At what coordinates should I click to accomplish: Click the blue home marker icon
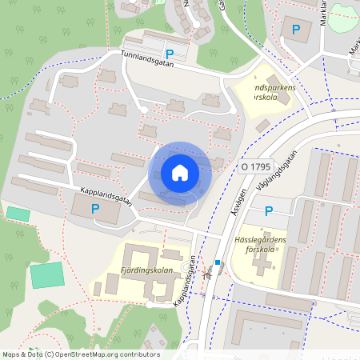coord(180,173)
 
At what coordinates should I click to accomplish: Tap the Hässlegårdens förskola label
coord(260,243)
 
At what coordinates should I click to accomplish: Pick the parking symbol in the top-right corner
coord(296,30)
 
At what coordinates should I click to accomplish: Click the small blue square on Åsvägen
coord(217,262)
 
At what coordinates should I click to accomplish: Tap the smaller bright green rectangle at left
coord(17,214)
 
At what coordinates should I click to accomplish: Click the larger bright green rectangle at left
coord(47,274)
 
